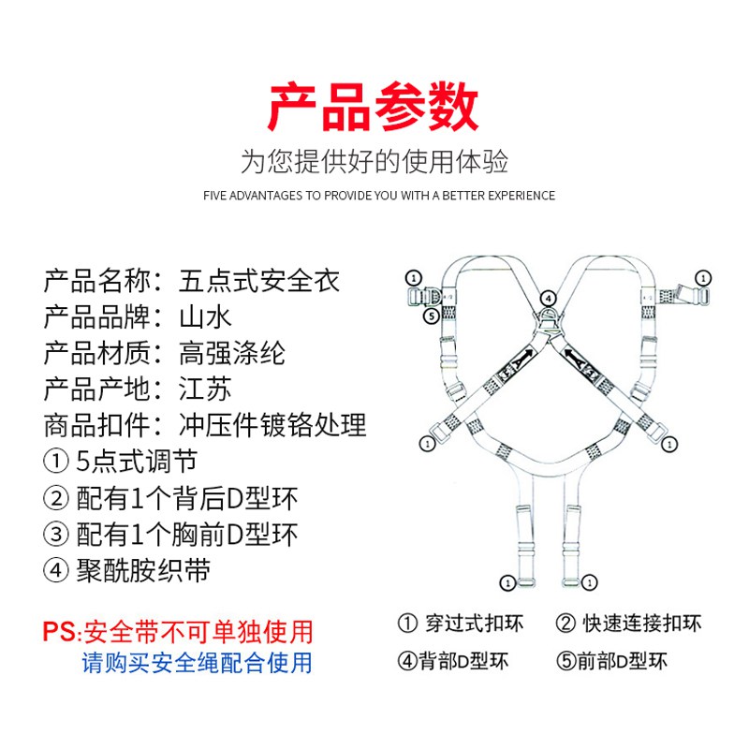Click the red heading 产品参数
pyautogui.click(x=374, y=107)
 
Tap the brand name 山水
pyautogui.click(x=205, y=317)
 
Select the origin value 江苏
pyautogui.click(x=205, y=389)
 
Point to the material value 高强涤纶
pyautogui.click(x=232, y=353)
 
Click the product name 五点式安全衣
pyautogui.click(x=259, y=281)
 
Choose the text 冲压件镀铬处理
pyautogui.click(x=272, y=425)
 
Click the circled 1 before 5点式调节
pyautogui.click(x=56, y=462)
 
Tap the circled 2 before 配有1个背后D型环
pyautogui.click(x=56, y=498)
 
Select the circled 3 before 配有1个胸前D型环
pyautogui.click(x=56, y=534)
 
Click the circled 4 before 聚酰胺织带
pyautogui.click(x=56, y=570)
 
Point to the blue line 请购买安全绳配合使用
pyautogui.click(x=197, y=663)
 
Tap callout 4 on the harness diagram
pyautogui.click(x=549, y=299)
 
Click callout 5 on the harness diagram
pyautogui.click(x=432, y=316)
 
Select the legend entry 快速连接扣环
pyautogui.click(x=641, y=624)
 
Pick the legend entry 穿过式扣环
pyautogui.click(x=475, y=624)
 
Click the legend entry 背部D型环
pyautogui.click(x=463, y=662)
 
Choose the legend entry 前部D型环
pyautogui.click(x=622, y=662)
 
